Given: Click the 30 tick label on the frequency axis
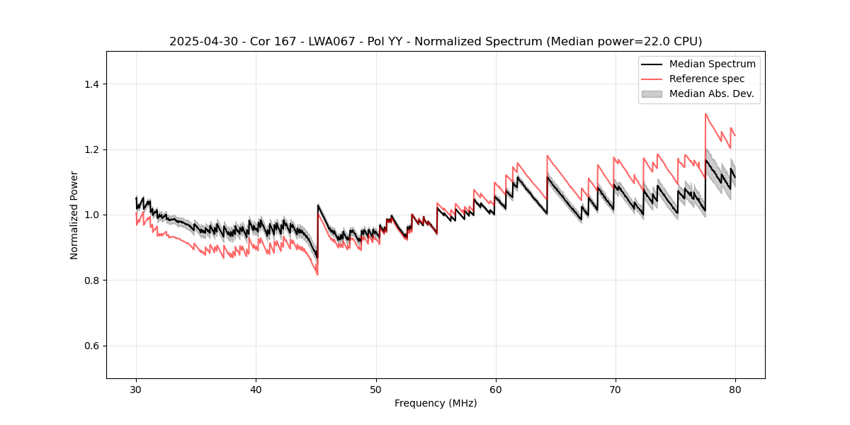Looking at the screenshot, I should coord(136,390).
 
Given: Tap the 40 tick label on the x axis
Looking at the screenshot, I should coord(256,390).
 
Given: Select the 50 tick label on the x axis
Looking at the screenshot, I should coord(375,390).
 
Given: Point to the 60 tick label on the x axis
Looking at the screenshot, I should coord(496,390).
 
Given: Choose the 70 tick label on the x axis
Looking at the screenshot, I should coord(616,390).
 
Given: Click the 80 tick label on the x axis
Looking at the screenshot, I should coord(735,390).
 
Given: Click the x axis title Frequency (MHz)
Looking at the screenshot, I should coord(436,404).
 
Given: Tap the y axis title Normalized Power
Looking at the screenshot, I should coord(74,215).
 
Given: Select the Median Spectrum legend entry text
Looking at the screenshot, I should coord(712,64).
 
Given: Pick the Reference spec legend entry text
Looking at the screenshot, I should coord(707,79).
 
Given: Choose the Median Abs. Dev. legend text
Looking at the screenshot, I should coord(711,93).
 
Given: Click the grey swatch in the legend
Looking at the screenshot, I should coord(652,93).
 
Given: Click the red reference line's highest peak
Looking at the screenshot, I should coord(705,113).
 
